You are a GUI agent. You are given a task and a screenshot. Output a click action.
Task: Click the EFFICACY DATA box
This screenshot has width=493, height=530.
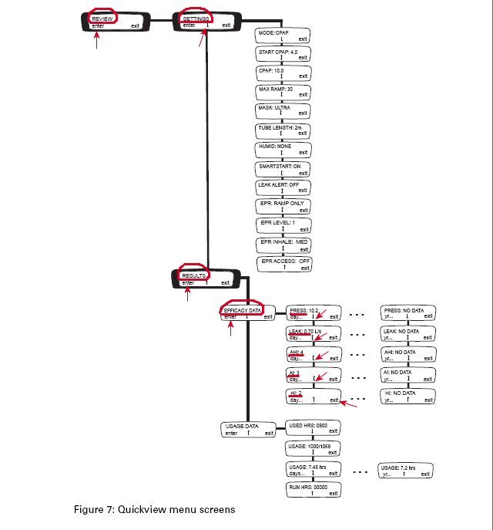pyautogui.click(x=247, y=311)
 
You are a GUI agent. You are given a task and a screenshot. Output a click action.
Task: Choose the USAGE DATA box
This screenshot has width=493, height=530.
pyautogui.click(x=247, y=428)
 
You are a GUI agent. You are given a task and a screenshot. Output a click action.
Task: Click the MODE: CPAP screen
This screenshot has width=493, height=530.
pyautogui.click(x=283, y=36)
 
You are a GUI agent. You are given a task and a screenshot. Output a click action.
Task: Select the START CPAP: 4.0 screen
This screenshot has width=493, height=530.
pyautogui.click(x=283, y=54)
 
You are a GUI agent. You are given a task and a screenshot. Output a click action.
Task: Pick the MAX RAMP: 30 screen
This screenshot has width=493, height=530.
pyautogui.click(x=283, y=93)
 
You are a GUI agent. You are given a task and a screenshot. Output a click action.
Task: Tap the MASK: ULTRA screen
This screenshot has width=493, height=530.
pyautogui.click(x=283, y=111)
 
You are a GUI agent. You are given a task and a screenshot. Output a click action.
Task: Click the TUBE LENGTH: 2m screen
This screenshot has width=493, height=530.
pyautogui.click(x=283, y=130)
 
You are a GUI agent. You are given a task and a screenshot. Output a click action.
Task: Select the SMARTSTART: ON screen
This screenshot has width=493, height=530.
pyautogui.click(x=283, y=168)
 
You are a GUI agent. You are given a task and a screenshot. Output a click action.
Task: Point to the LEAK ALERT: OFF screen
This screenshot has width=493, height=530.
pyautogui.click(x=283, y=187)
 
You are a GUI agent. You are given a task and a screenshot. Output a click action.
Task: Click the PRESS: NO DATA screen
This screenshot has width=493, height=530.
pyautogui.click(x=409, y=312)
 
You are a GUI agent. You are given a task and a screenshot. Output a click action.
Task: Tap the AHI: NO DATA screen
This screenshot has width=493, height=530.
pyautogui.click(x=409, y=355)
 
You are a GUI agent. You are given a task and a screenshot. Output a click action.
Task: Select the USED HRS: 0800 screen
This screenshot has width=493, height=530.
pyautogui.click(x=313, y=428)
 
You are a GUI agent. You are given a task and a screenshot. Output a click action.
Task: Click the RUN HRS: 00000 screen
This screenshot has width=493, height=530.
pyautogui.click(x=313, y=491)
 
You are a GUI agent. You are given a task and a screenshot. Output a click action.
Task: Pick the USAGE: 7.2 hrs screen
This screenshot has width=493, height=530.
pyautogui.click(x=405, y=471)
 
